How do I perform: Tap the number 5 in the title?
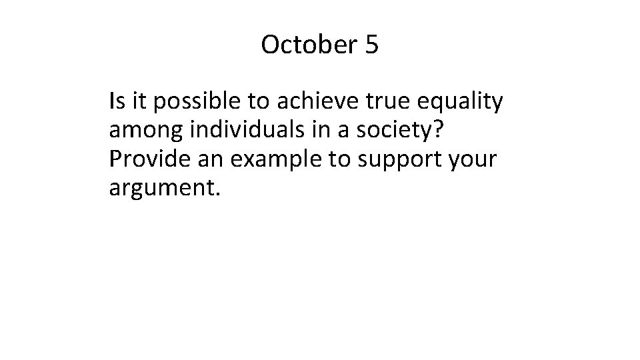[371, 45]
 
